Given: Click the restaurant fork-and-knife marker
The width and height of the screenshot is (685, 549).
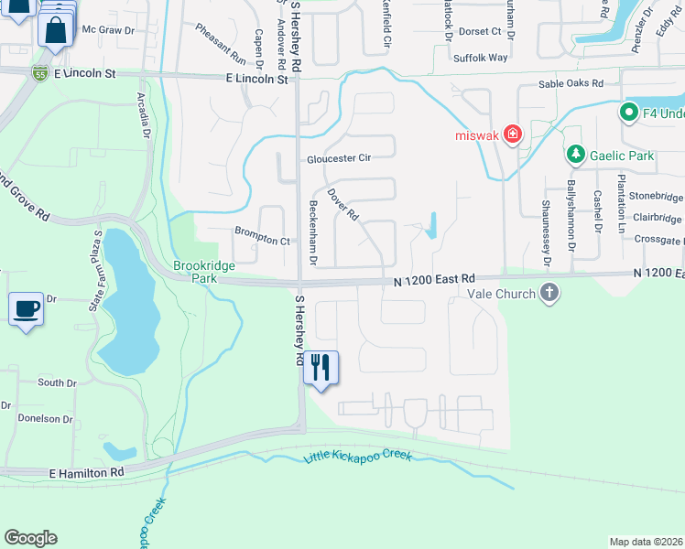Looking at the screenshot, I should [320, 368].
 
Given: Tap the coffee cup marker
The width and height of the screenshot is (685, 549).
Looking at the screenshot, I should [26, 308].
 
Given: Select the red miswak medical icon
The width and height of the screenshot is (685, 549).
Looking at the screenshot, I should [512, 135].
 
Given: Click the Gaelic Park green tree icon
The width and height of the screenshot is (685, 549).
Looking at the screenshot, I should [576, 156].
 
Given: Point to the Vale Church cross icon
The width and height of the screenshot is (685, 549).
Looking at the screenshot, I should [549, 293].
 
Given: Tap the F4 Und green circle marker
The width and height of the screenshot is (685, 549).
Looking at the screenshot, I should [629, 113].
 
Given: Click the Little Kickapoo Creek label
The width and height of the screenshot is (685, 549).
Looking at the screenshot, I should [356, 457].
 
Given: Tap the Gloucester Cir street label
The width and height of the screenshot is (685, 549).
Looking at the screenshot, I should [339, 157].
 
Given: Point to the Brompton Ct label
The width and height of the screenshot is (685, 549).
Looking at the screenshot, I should [262, 240].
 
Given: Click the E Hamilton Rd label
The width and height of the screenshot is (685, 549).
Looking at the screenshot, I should [87, 472].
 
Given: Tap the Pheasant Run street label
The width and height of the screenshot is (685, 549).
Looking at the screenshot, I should [221, 43].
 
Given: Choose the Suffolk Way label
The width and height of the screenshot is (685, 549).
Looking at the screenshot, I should [480, 57].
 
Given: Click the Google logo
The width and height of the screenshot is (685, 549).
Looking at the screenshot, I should [30, 538].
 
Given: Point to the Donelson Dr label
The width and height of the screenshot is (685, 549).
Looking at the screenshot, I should [44, 419].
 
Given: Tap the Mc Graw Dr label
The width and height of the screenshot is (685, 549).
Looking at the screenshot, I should [108, 29].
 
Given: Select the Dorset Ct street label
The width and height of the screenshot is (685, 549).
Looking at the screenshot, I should [480, 31].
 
